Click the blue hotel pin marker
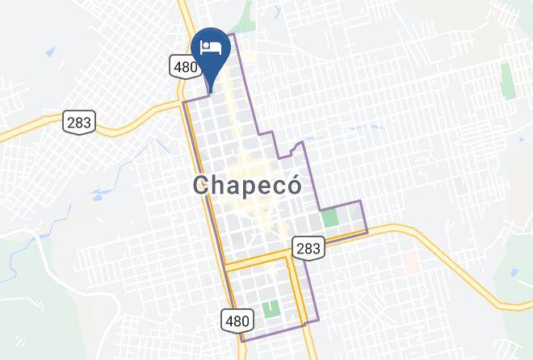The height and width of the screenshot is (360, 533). [211, 50]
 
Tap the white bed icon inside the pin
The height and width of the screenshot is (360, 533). [211, 46]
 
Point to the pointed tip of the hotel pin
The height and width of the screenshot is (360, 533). [211, 92]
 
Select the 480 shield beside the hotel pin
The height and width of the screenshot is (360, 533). [184, 66]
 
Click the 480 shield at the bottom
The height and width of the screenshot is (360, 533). [237, 320]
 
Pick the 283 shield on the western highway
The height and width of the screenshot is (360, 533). [79, 122]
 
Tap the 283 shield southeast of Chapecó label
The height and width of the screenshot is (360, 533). [308, 248]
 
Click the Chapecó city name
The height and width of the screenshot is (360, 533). [248, 185]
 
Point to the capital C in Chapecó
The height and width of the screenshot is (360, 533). [203, 185]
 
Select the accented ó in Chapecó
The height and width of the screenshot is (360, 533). [293, 184]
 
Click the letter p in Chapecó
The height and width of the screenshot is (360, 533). [257, 187]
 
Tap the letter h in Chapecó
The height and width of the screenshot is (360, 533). [221, 185]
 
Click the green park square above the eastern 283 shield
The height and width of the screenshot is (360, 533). [329, 218]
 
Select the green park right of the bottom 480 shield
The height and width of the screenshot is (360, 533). [271, 308]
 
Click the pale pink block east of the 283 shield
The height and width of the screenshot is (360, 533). [410, 260]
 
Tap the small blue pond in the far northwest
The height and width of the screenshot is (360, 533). [50, 53]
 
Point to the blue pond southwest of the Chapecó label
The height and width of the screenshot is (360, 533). [103, 194]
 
